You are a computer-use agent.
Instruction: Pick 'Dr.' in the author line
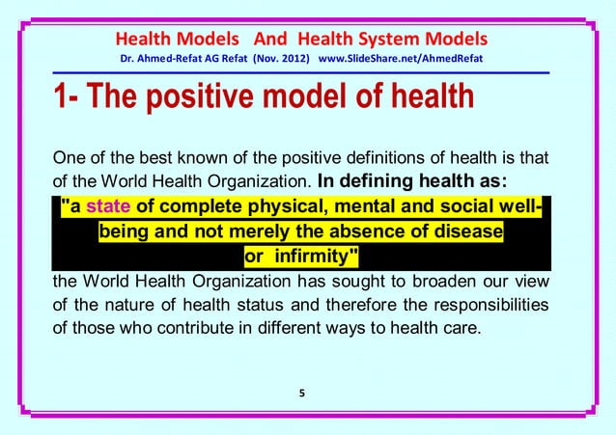click(126, 62)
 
